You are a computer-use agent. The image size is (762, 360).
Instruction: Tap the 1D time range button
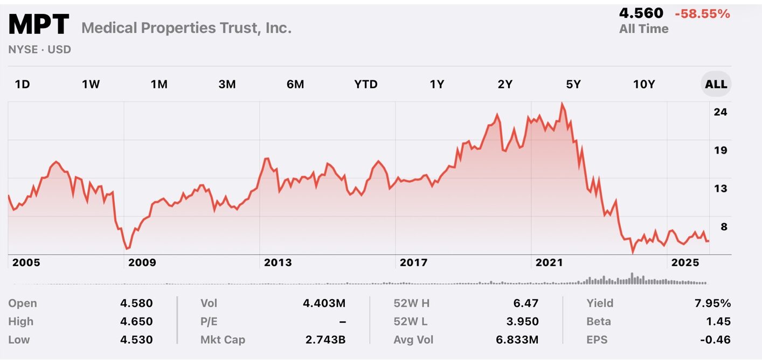(x=22, y=84)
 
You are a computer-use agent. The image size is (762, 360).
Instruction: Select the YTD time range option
(x=366, y=84)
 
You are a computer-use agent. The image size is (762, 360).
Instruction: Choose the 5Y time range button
(x=573, y=84)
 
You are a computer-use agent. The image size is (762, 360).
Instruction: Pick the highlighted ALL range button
(x=716, y=84)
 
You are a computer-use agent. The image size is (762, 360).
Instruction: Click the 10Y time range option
(x=643, y=84)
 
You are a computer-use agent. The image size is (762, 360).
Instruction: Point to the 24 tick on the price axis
(x=721, y=112)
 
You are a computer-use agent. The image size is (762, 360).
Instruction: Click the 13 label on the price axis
(x=721, y=189)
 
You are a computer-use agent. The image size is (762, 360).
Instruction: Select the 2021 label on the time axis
(x=549, y=262)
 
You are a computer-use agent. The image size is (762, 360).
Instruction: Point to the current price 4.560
(x=641, y=13)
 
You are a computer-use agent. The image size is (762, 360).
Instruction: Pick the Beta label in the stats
(x=599, y=321)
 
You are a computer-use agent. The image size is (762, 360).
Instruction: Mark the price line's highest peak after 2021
(x=562, y=103)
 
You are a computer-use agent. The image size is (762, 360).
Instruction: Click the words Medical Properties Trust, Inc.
(x=186, y=28)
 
